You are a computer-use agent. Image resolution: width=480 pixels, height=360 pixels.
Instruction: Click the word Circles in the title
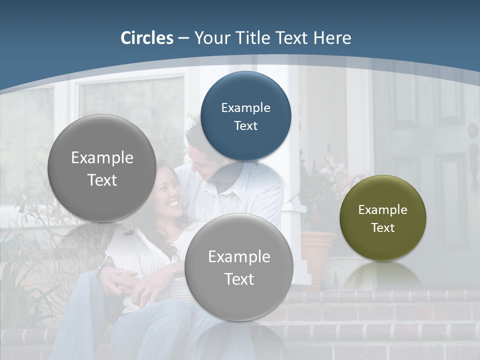coord(147,38)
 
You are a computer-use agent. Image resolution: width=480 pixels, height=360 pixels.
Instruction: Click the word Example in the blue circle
coord(245,107)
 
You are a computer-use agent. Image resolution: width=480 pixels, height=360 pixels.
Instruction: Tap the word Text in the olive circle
coord(383,227)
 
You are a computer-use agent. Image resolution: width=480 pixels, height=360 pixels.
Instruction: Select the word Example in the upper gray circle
coord(102,158)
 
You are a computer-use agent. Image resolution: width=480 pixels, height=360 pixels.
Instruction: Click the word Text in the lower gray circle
coord(239,279)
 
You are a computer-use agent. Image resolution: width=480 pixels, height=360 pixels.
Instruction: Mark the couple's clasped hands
coord(122,277)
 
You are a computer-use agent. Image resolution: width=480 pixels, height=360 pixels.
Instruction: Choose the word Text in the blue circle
coord(245,125)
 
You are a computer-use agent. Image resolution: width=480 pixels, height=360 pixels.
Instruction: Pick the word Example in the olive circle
coord(383,210)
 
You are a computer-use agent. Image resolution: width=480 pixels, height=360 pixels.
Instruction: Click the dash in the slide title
coord(183,38)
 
